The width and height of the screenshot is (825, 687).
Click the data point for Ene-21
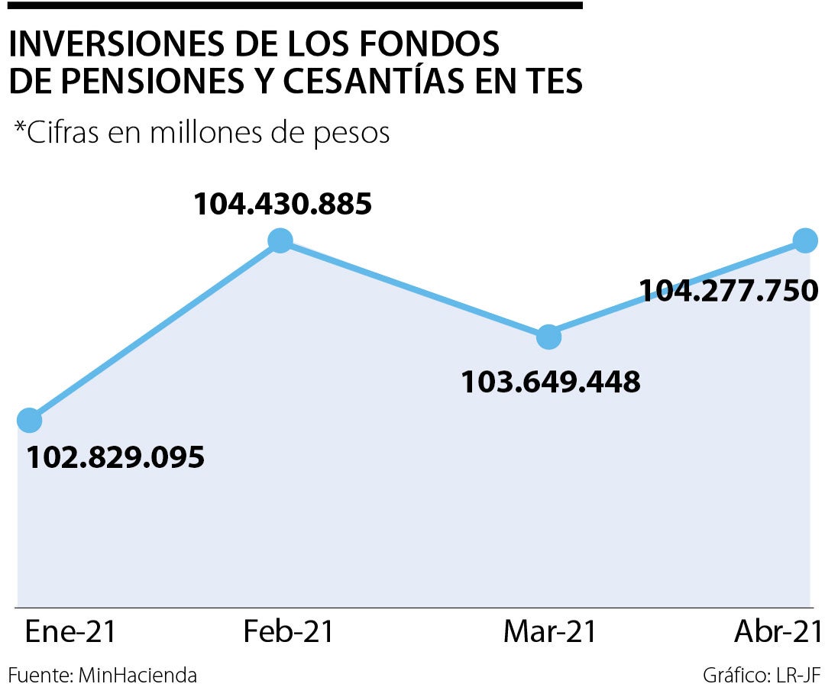(x=29, y=420)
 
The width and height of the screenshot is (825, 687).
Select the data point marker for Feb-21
(x=280, y=240)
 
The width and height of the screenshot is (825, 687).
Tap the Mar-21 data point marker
(x=548, y=337)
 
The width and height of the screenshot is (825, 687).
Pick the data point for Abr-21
(x=805, y=240)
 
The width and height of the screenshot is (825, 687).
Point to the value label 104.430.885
(x=282, y=204)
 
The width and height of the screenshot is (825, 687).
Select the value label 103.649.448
(x=550, y=381)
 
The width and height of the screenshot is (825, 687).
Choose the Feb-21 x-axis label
(x=289, y=632)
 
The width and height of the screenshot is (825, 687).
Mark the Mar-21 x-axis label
(x=550, y=632)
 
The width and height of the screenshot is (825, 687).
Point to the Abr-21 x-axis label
(x=778, y=632)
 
